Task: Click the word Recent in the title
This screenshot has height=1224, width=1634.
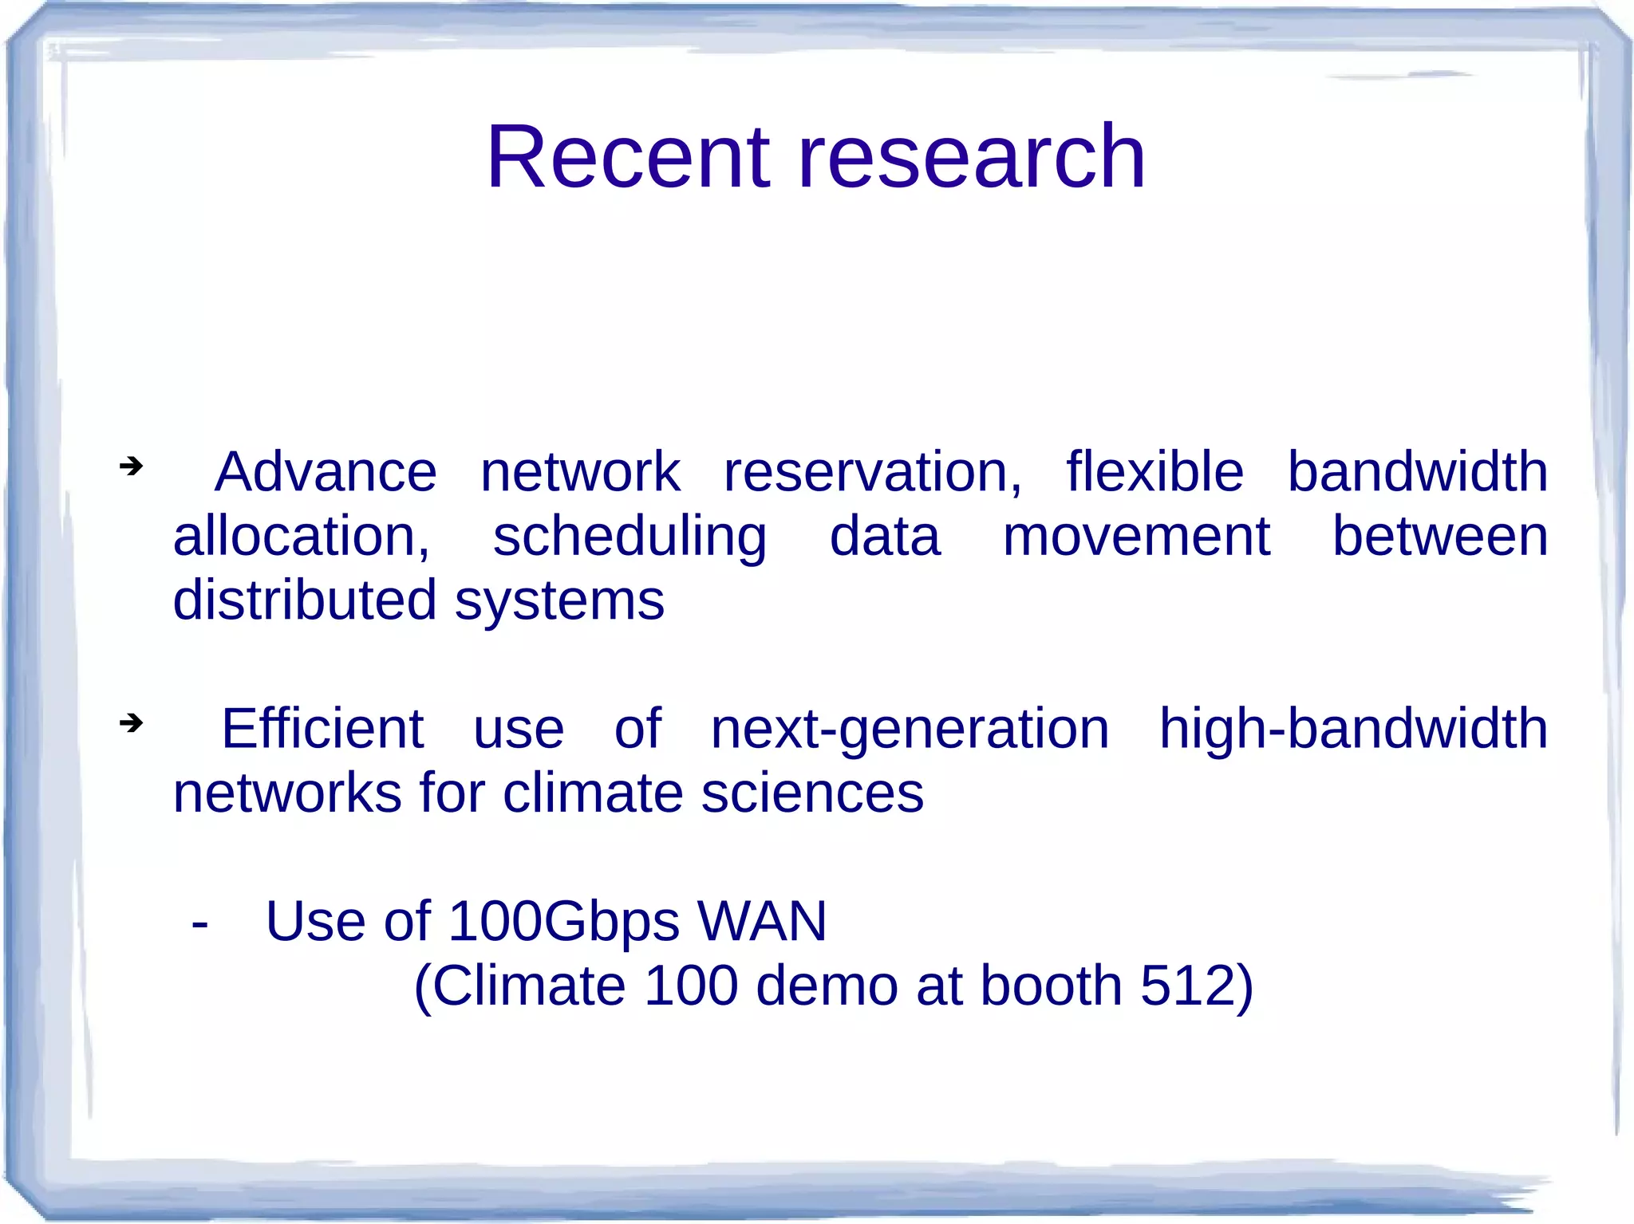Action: click(629, 157)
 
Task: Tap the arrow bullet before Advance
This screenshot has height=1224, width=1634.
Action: click(131, 465)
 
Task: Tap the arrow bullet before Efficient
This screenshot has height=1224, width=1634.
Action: click(131, 722)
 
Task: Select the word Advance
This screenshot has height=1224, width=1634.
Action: click(326, 472)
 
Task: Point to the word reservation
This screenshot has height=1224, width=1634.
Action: click(872, 472)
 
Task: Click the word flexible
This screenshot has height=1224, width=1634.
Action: click(1154, 472)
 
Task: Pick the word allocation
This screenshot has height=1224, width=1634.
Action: click(301, 537)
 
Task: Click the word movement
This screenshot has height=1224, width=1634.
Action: click(1136, 537)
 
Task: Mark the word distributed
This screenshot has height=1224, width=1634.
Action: click(304, 600)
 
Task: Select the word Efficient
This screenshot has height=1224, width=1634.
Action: click(322, 729)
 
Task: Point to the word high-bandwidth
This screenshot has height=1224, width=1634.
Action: click(1353, 729)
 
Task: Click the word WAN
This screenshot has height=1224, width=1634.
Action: click(762, 922)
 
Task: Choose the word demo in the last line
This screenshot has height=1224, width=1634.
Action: click(827, 986)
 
